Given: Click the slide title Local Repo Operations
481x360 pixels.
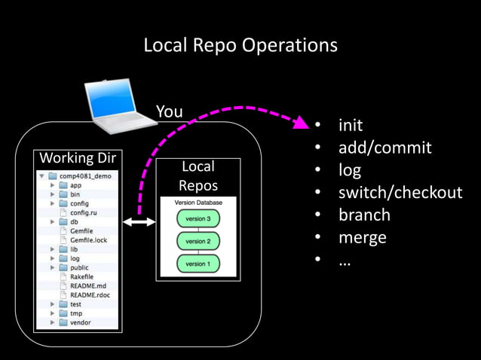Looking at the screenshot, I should tap(240, 45).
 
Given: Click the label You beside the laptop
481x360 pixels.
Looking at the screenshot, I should tap(169, 112).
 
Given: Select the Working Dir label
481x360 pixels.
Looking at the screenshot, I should tap(72, 159).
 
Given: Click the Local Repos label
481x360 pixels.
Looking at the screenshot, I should tap(198, 176).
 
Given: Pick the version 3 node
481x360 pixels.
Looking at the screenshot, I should tap(198, 218).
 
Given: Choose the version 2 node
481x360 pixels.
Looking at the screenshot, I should tap(198, 241).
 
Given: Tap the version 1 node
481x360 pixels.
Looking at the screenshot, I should tap(198, 264).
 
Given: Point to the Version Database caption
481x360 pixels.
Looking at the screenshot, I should tap(198, 203).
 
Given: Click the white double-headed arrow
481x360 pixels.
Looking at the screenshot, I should tap(139, 221).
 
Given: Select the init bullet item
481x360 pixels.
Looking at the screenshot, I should tap(350, 125).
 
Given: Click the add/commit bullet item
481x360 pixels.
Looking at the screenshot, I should tap(384, 148).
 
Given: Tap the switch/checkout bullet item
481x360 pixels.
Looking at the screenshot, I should tap(400, 193).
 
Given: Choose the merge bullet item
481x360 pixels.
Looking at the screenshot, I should tap(362, 238).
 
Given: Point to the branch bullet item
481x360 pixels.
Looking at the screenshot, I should tap(364, 215).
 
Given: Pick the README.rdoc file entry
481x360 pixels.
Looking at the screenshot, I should tap(90, 295).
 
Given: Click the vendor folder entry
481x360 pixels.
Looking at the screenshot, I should tap(80, 322).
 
